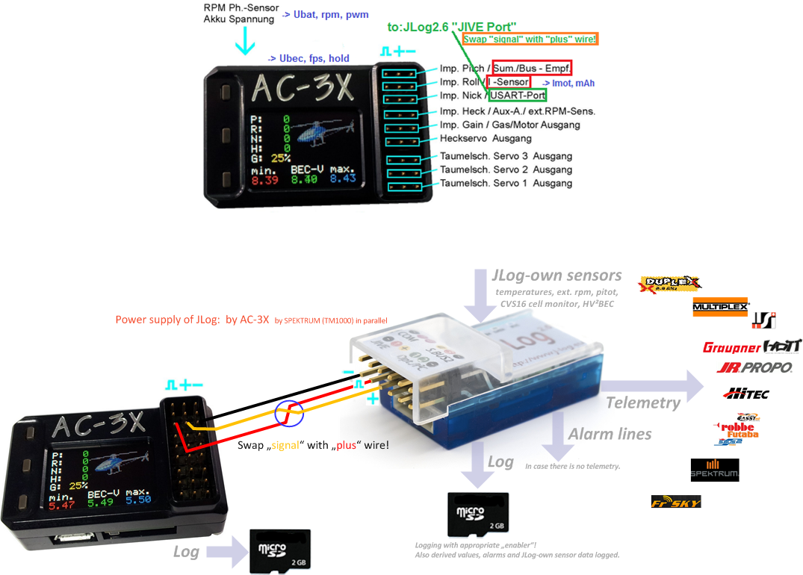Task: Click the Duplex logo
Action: pos(671,283)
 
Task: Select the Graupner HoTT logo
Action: pos(751,346)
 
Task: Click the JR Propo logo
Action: pos(754,367)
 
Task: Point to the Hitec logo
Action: pos(745,393)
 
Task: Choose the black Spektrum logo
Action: pos(715,470)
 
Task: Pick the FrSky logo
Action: pos(676,502)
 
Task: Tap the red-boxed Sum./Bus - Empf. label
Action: pos(531,68)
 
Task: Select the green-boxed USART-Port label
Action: pos(518,95)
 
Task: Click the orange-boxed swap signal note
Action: pos(530,39)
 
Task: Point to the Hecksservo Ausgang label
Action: pos(486,138)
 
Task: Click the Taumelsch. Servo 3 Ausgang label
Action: pos(506,156)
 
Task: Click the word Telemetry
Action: pos(643,403)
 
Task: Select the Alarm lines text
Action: pos(610,435)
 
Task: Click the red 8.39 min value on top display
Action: pos(265,179)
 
